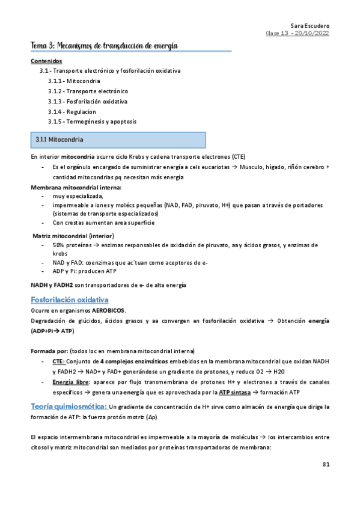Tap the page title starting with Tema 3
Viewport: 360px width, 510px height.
pos(104,46)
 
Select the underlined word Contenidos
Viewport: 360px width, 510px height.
pos(46,61)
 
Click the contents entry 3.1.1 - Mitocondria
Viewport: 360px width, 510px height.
pos(74,81)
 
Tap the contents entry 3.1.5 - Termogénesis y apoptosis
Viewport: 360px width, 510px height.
pos(92,121)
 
